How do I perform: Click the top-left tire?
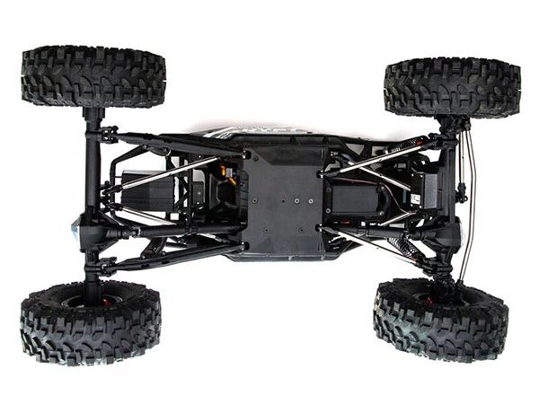point(93,76)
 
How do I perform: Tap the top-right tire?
point(452,86)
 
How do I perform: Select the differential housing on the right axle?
point(446,232)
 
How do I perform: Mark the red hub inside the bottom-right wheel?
point(434,291)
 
